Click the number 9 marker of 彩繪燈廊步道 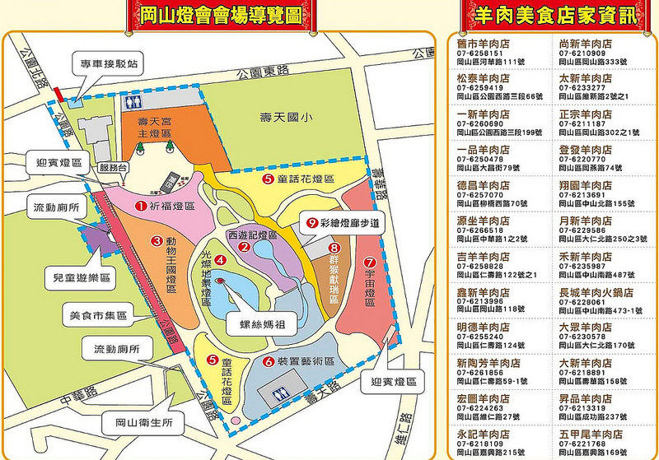click(311, 222)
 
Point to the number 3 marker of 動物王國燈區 click(155, 241)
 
